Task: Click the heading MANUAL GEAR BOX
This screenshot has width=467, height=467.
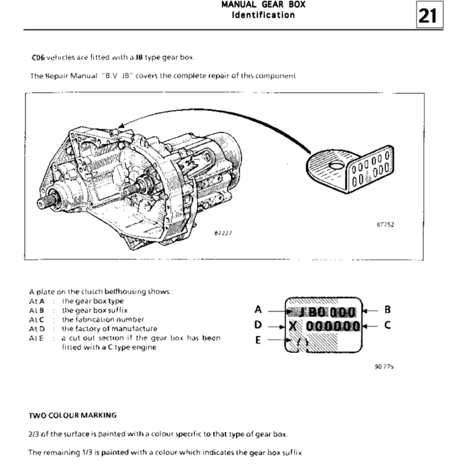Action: pos(263,5)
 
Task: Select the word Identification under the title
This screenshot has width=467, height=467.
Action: pos(263,15)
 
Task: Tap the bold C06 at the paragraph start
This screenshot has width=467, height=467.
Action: pos(38,57)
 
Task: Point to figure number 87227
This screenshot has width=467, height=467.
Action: pos(223,233)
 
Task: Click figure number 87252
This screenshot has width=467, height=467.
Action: pos(385,225)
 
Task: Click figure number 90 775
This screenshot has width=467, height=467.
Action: pos(384,367)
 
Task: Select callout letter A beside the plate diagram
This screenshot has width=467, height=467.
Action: pos(258,310)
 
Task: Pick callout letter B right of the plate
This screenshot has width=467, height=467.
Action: pos(387,310)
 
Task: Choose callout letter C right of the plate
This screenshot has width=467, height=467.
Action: pos(387,325)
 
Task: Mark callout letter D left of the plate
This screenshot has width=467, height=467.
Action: pos(258,325)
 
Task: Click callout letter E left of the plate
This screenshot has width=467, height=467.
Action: pos(258,340)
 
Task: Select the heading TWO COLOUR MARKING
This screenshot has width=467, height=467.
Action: pos(72,415)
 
